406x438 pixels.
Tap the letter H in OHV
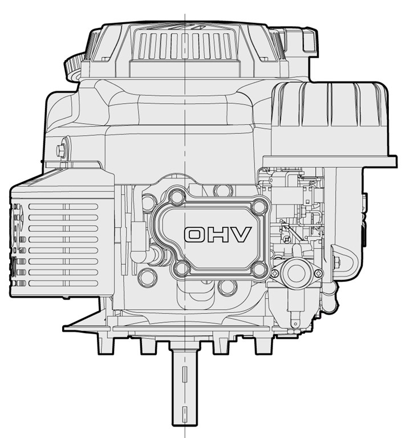pos(218,234)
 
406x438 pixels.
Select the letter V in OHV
pos(240,234)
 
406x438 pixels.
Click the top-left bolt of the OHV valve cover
pos(177,197)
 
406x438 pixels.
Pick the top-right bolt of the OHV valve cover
pos(259,206)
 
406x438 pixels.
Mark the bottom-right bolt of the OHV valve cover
pos(259,270)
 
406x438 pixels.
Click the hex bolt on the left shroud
pos(60,151)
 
